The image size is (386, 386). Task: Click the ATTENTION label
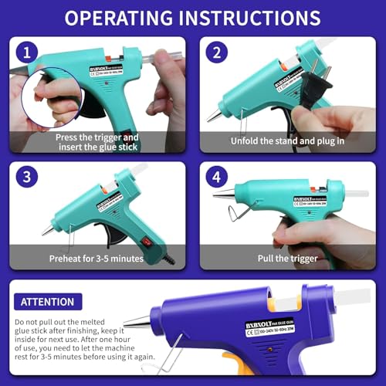tap(48, 302)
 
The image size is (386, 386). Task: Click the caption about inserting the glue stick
tap(98, 139)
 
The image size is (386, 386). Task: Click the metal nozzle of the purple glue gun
tap(139, 323)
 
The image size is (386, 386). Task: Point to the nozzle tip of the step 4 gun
tap(217, 196)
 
